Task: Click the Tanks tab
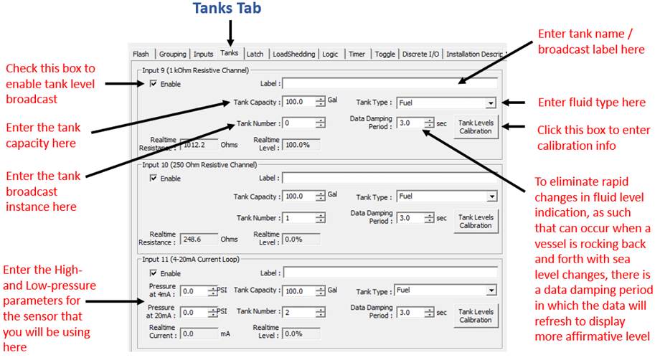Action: click(230, 53)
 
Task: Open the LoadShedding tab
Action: click(293, 55)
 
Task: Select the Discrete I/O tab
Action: click(420, 55)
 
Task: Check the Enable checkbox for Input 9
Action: click(154, 84)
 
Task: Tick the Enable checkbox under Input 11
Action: click(154, 273)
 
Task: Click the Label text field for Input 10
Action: click(390, 178)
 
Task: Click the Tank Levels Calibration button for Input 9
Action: click(476, 127)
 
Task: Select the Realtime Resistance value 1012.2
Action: click(199, 145)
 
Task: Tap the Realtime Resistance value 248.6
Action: click(199, 239)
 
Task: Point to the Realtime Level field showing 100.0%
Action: click(301, 145)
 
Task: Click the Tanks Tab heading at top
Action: click(227, 8)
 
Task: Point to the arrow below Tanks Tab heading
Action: click(230, 34)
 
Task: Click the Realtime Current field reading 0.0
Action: click(199, 333)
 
